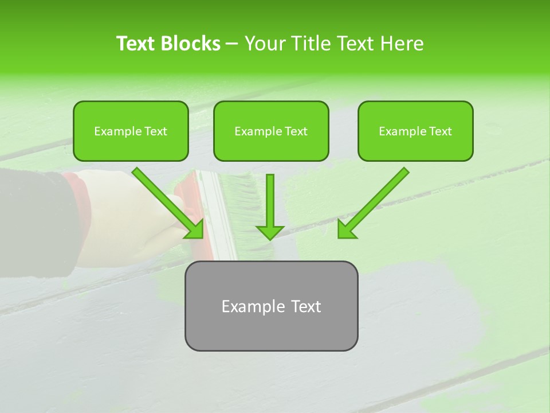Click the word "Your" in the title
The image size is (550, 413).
coord(265,44)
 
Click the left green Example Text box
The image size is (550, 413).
coord(131,131)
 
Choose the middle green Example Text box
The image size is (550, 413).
coord(271,131)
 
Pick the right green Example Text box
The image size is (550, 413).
coord(415,131)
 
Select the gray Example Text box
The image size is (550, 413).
coord(271,306)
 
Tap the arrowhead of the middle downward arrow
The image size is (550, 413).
coord(270,232)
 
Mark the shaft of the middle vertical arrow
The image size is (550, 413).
coord(270,198)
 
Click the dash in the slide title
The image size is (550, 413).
coord(232,44)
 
